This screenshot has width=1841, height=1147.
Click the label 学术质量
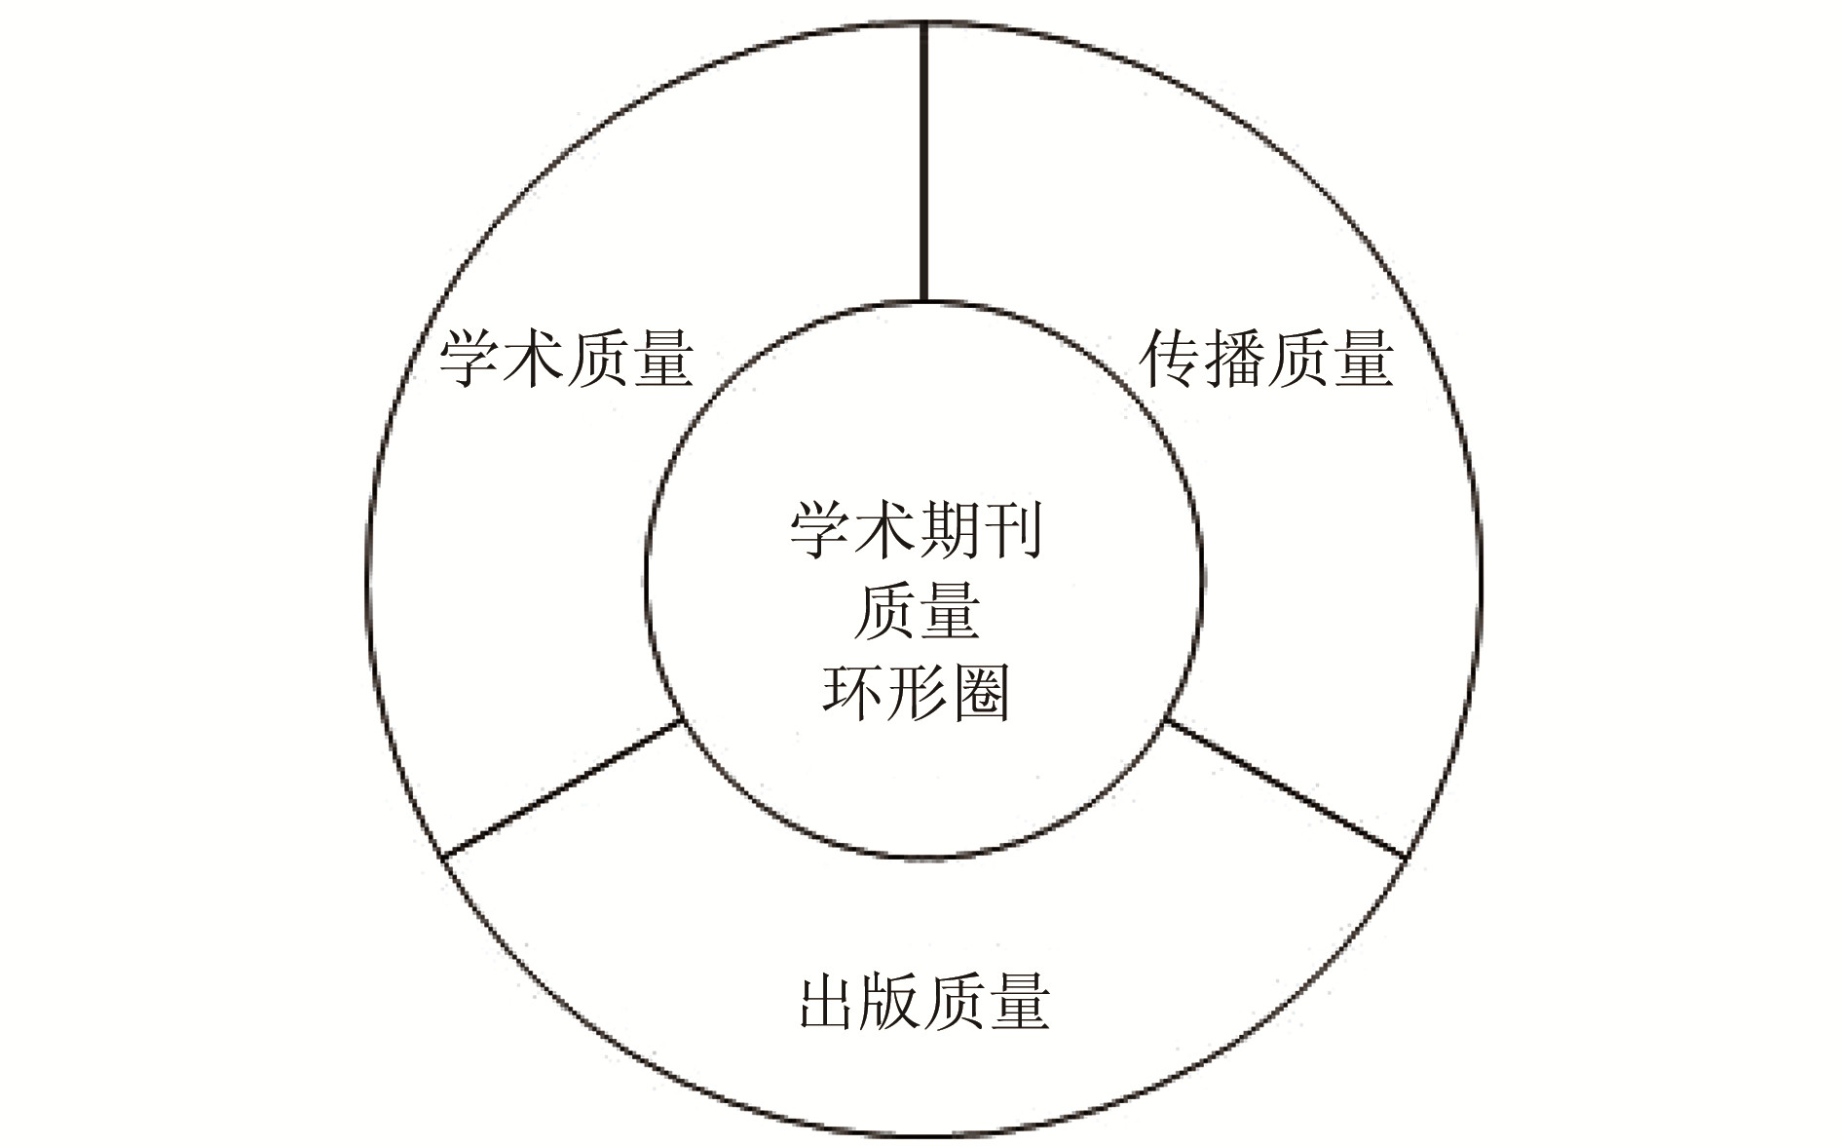tap(566, 360)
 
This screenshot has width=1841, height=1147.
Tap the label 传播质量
tap(1266, 360)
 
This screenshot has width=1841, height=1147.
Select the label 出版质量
tap(923, 1002)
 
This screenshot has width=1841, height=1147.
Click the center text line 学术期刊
tap(916, 532)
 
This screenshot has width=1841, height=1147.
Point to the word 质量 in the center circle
tap(916, 613)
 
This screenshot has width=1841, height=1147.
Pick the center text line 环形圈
tap(916, 693)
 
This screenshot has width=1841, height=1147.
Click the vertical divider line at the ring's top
tap(923, 161)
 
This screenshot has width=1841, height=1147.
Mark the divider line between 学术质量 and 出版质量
tap(561, 789)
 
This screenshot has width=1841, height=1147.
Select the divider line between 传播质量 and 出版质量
tap(1286, 789)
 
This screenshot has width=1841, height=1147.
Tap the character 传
tap(1171, 360)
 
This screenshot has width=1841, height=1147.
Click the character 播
tap(1234, 360)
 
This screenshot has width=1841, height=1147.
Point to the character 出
tap(829, 1002)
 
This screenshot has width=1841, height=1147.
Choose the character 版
tap(891, 1002)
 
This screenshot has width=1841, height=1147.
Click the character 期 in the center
tap(948, 532)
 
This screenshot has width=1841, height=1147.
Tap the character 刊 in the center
tap(1011, 532)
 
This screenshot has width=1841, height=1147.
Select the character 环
tap(852, 693)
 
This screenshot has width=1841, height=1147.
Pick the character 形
tap(916, 693)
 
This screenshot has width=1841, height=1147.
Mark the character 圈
tap(980, 693)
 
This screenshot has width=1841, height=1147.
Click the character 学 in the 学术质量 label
tap(470, 360)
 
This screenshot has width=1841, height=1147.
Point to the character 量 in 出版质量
tap(1018, 1002)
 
